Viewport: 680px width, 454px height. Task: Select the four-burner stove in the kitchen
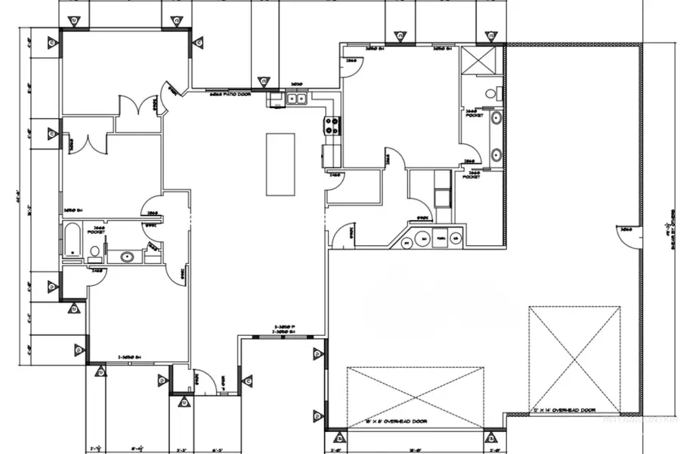[x=332, y=126]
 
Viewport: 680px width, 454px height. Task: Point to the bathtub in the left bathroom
[x=73, y=240]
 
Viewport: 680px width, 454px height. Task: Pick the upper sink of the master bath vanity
[x=496, y=117]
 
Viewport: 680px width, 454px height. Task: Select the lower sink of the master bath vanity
[x=496, y=155]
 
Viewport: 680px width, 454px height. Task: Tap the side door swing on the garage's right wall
[x=629, y=238]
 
